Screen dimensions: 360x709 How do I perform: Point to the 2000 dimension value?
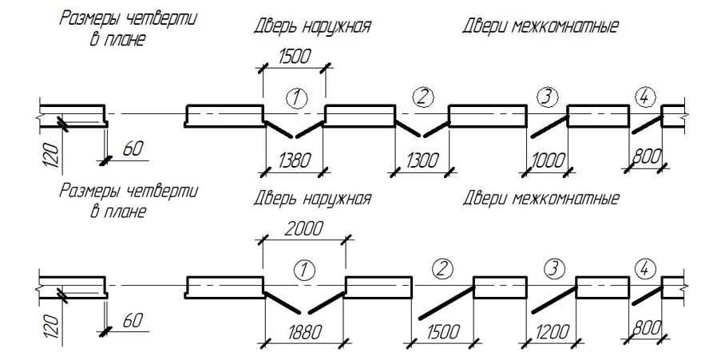pyautogui.click(x=304, y=228)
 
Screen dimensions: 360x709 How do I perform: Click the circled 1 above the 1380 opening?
pyautogui.click(x=295, y=98)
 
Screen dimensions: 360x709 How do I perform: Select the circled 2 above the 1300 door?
pyautogui.click(x=422, y=97)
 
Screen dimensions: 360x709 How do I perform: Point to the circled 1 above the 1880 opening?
pyautogui.click(x=302, y=270)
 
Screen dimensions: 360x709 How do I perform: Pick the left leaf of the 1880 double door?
pyautogui.click(x=281, y=302)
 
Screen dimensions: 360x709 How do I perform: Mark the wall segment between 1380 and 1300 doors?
pyautogui.click(x=360, y=116)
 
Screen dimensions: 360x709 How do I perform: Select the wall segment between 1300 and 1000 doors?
pyautogui.click(x=488, y=116)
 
